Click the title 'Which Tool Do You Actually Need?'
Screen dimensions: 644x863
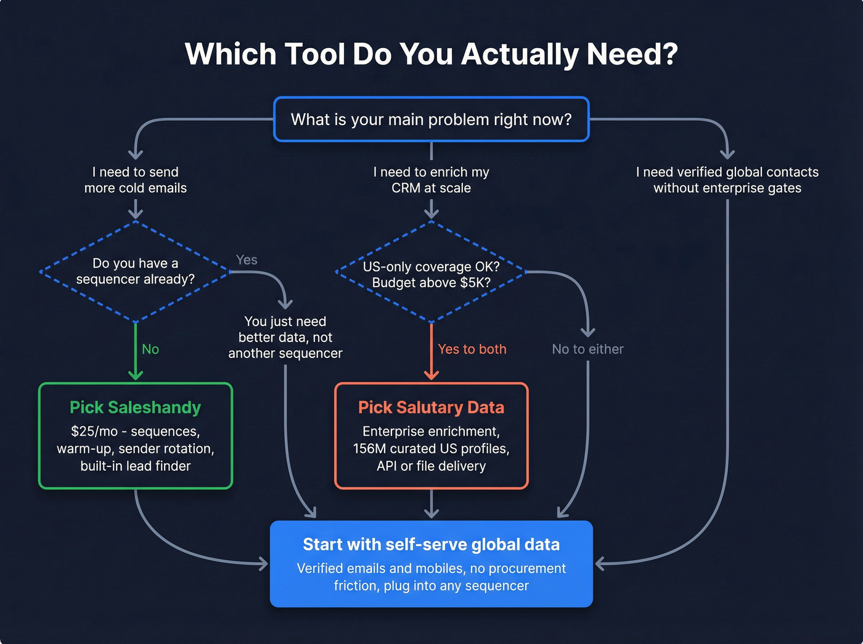tap(431, 54)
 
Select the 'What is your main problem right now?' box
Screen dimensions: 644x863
tap(431, 120)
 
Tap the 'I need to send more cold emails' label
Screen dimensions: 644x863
tap(136, 180)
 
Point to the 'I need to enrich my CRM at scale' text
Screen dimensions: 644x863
tap(431, 180)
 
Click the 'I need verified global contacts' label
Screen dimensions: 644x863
tap(727, 173)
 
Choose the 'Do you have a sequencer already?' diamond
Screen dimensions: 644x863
tap(136, 271)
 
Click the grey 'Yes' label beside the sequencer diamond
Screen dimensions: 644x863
tap(247, 260)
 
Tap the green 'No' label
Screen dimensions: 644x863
tap(150, 349)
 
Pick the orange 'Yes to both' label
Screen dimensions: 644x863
tap(472, 349)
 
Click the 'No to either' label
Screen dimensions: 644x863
tap(587, 349)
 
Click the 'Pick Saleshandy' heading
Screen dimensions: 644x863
tap(136, 407)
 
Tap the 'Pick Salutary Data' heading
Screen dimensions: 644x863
tap(431, 407)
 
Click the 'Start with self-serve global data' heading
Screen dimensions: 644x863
tap(431, 545)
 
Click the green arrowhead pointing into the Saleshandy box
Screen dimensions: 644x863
tap(136, 375)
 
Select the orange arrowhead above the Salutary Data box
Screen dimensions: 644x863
tap(431, 375)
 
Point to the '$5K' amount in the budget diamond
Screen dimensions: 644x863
tap(475, 283)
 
